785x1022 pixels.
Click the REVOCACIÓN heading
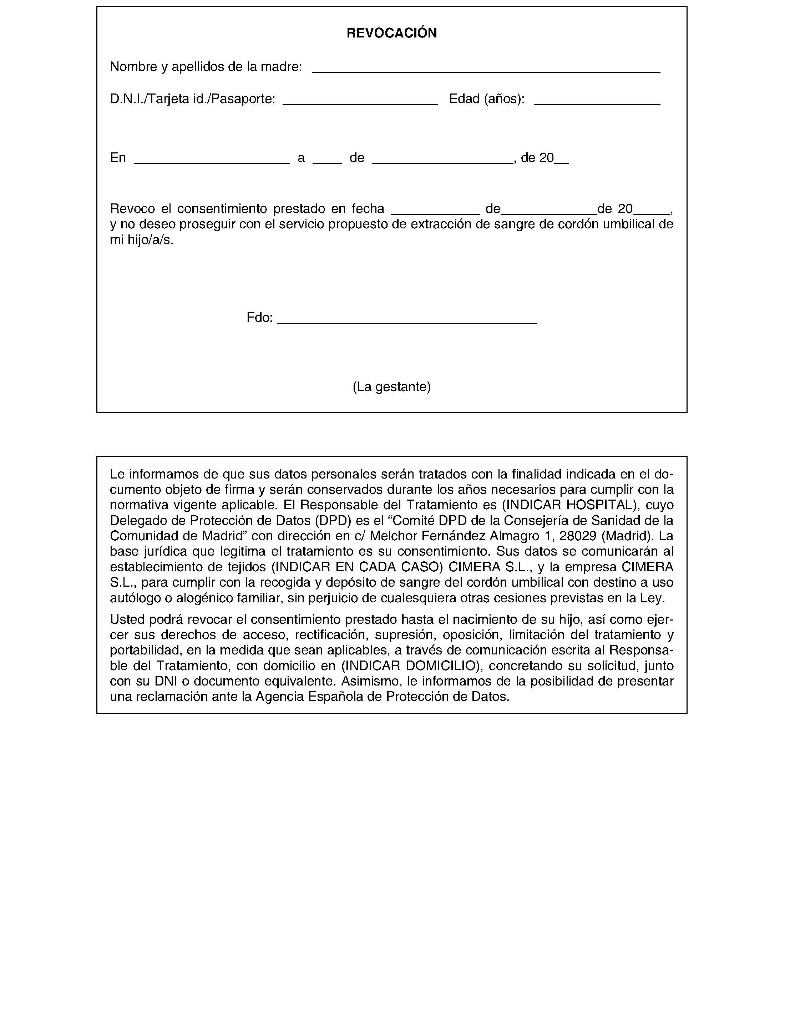[391, 33]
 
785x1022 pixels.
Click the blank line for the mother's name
[486, 70]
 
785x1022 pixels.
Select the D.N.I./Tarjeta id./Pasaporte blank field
[360, 102]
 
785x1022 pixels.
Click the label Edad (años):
[486, 99]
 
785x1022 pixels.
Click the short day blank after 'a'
[327, 161]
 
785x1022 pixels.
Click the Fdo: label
[259, 318]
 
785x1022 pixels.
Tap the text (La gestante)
[391, 387]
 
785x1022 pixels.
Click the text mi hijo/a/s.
[142, 240]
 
